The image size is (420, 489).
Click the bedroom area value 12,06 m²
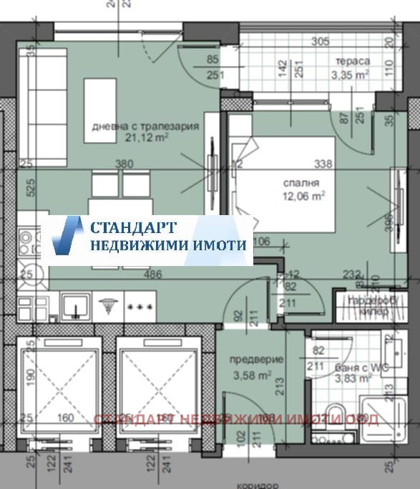[x=303, y=194]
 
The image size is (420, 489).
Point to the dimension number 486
[x=151, y=275]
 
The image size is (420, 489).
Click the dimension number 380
[x=124, y=164]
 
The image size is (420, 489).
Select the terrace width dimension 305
[x=320, y=41]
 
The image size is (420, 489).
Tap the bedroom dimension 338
[x=324, y=164]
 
